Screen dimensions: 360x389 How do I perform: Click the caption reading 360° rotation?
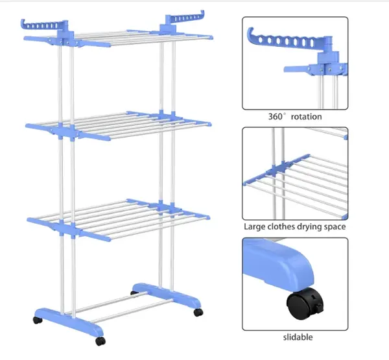pos(295,117)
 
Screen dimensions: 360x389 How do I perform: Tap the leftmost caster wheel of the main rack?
pos(37,320)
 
